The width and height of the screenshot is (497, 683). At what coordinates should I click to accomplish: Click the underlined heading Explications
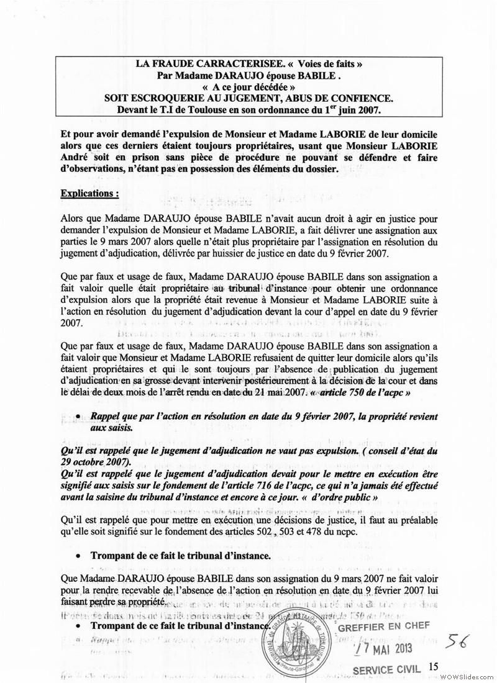pyautogui.click(x=89, y=193)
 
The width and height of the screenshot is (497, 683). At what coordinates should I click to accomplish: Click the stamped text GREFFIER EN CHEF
pyautogui.click(x=384, y=626)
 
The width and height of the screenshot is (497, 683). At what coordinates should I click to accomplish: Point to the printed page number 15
pyautogui.click(x=434, y=666)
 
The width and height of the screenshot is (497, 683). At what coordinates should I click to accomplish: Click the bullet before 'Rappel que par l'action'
pyautogui.click(x=78, y=418)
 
